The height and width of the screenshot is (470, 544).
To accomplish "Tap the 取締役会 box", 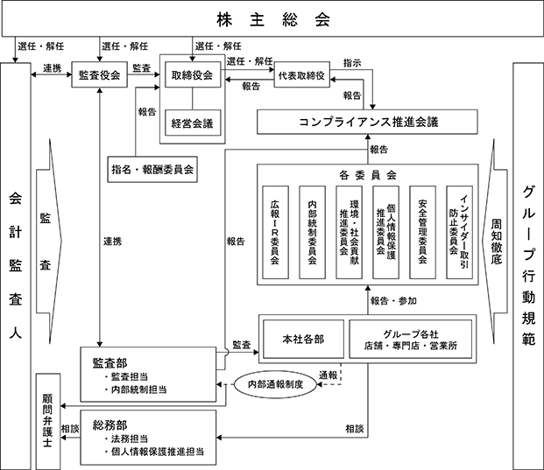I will pyautogui.click(x=193, y=77).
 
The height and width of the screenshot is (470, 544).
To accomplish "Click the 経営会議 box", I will pyautogui.click(x=193, y=123).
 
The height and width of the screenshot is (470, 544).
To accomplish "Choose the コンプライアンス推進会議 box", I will pyautogui.click(x=367, y=121).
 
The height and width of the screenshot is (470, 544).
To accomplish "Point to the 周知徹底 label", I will pyautogui.click(x=497, y=233).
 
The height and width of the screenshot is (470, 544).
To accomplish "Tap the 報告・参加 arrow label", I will pyautogui.click(x=393, y=301).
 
